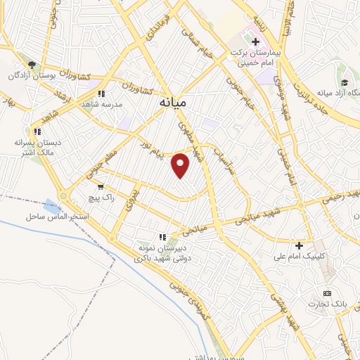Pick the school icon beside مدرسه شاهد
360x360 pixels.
pos(101,92)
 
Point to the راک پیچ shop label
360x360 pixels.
pos(98,198)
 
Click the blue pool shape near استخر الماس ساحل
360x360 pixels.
pos(51,207)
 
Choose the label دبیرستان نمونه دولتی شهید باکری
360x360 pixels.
pos(162,253)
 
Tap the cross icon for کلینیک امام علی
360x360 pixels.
pos(300,245)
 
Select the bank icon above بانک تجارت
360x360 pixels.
pos(326,292)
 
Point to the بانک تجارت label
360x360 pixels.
pos(323,304)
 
